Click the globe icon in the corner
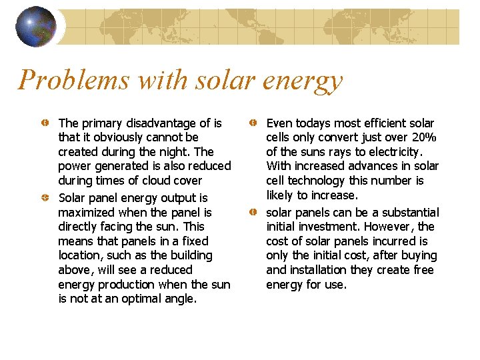pyautogui.click(x=35, y=27)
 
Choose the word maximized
pyautogui.click(x=86, y=213)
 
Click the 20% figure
pyautogui.click(x=424, y=137)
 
